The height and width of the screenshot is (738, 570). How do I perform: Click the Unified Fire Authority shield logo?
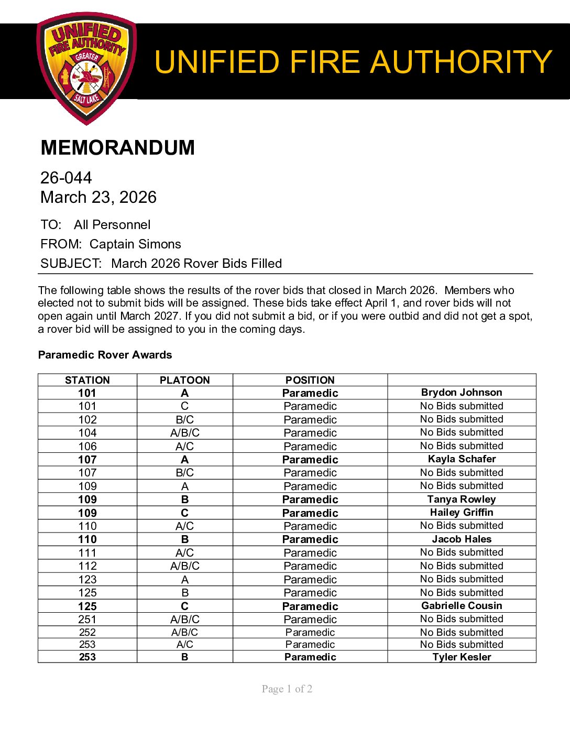coord(86,68)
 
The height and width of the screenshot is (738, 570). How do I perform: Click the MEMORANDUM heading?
coord(117,148)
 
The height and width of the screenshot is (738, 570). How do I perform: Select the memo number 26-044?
coord(66,178)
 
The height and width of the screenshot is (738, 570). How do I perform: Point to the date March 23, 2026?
coord(98,198)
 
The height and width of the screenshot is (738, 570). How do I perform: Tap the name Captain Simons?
coord(135,244)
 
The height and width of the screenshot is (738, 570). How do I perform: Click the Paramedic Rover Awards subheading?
coord(105,355)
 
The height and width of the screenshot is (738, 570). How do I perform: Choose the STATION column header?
coord(87,380)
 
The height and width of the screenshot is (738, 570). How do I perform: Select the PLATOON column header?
coord(184,380)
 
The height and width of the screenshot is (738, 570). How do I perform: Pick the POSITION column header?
coord(310,380)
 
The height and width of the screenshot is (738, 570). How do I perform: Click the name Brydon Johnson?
coord(462,393)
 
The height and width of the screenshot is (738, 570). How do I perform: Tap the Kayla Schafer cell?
coord(462,459)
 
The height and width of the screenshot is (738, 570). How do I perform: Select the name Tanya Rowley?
coord(462,500)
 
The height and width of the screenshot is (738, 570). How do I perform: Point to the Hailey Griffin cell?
coord(462,513)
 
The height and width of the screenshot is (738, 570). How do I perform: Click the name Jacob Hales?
coord(462,539)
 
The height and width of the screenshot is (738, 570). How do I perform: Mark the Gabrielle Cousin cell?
coord(462,606)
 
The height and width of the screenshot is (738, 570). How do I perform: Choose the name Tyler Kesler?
coord(462,657)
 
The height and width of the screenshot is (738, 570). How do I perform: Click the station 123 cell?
coord(87,580)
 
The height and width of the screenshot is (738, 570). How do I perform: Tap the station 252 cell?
coord(87,633)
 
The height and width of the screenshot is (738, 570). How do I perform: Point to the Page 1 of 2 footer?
coord(287,689)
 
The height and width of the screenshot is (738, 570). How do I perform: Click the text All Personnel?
coord(112,225)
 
